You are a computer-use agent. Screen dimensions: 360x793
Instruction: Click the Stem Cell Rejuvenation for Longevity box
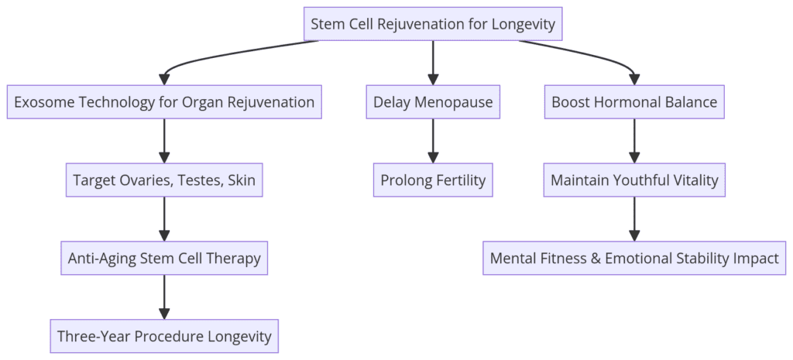[x=433, y=24]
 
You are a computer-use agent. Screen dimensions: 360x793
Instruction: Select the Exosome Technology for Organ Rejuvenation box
[x=164, y=102]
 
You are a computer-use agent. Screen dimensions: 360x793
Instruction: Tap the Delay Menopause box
[x=433, y=102]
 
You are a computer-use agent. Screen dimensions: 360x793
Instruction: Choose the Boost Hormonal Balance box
[x=634, y=102]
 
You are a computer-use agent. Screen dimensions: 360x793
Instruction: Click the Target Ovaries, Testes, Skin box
[x=164, y=180]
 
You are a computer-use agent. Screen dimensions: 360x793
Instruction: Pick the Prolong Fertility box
[x=433, y=180]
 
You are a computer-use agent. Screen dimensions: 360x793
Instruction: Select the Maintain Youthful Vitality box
[x=634, y=180]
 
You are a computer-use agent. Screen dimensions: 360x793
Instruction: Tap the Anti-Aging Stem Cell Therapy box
[x=164, y=259]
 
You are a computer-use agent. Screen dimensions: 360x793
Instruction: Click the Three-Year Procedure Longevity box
[x=164, y=337]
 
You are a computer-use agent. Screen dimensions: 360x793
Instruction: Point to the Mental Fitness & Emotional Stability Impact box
[x=634, y=259]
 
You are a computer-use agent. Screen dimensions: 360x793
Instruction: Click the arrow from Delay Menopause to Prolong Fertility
[x=433, y=141]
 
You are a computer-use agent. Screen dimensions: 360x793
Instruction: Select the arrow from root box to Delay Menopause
[x=433, y=62]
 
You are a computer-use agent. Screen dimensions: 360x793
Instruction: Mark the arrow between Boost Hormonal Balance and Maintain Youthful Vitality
[x=634, y=141]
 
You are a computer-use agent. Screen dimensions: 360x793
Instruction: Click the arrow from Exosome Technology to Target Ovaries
[x=164, y=141]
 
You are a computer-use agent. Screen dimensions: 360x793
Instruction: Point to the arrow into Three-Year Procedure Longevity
[x=164, y=297]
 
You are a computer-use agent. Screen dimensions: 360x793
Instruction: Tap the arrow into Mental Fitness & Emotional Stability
[x=634, y=219]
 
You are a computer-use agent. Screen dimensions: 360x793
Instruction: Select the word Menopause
[x=454, y=102]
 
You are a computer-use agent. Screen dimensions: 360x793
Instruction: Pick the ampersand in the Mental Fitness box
[x=596, y=259]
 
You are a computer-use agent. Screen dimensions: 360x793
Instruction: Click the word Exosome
[x=42, y=102]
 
